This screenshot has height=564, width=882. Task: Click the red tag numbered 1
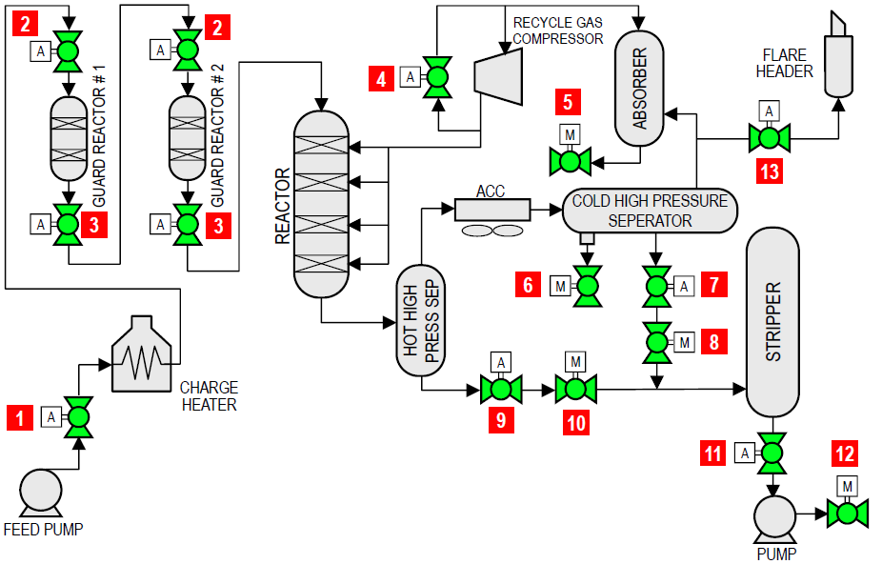19,416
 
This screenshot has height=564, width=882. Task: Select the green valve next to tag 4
437,77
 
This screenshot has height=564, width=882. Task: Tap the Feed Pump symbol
41,493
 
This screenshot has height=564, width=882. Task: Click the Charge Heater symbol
144,355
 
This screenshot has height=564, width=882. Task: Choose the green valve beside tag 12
845,514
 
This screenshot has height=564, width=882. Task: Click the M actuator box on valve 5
570,134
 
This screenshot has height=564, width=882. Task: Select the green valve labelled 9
500,389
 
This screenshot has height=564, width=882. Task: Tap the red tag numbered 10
575,422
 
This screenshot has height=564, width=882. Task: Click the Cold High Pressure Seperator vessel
651,211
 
